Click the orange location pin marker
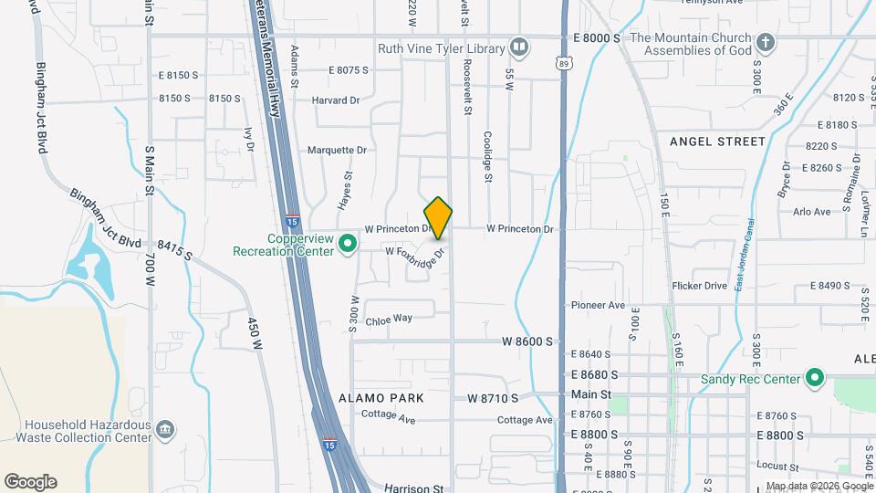tap(439, 217)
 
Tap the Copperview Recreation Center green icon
tap(347, 244)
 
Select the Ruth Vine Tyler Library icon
tap(519, 46)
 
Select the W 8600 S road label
tap(527, 341)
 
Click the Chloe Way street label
tap(389, 319)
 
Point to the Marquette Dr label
tap(337, 150)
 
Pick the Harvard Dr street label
tap(336, 100)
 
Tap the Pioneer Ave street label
tap(598, 305)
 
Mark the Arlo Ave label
tap(812, 212)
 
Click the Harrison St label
tap(413, 488)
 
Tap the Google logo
tap(30, 481)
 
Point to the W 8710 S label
tap(493, 398)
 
